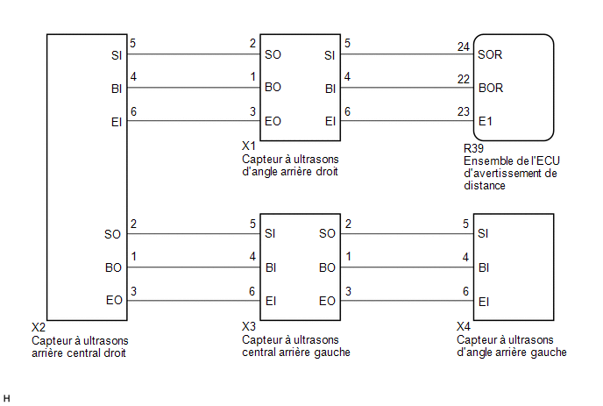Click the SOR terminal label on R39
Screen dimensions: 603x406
[x=490, y=54]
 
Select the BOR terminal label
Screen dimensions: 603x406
[x=491, y=88]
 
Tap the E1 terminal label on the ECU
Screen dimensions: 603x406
[x=486, y=122]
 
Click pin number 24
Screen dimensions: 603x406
[x=464, y=47]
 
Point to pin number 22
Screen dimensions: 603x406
[x=464, y=79]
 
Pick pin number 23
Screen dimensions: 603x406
[x=464, y=111]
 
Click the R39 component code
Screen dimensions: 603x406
[x=473, y=148]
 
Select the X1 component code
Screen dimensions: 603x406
[x=249, y=146]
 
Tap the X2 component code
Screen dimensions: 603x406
[x=39, y=327]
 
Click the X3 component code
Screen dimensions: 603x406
[x=249, y=327]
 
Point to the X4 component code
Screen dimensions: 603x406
[x=464, y=327]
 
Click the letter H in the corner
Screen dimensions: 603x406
[x=6, y=399]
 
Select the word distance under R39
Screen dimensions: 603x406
[x=485, y=186]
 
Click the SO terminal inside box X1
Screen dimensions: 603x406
[x=273, y=54]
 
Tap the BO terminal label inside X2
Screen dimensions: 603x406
[x=113, y=267]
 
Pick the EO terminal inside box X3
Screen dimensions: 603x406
[x=327, y=301]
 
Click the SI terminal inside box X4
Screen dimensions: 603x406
[x=483, y=233]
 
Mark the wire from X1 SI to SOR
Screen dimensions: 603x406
[x=407, y=53]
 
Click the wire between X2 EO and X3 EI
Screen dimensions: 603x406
[x=194, y=301]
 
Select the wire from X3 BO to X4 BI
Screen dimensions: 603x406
[x=407, y=267]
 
